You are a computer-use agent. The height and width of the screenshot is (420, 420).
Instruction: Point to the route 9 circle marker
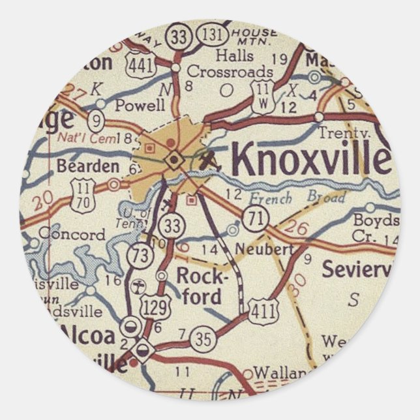tap(97, 119)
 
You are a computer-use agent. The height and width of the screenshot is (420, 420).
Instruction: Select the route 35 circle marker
tap(202, 338)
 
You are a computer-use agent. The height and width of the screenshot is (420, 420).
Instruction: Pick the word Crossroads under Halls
tap(230, 71)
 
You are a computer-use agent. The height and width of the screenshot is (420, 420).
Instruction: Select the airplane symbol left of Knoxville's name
tap(211, 158)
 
